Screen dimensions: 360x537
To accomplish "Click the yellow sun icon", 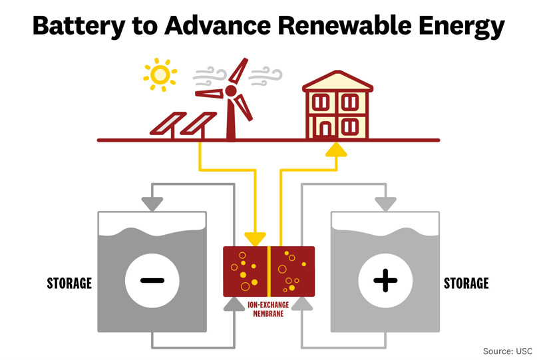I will point(160,75).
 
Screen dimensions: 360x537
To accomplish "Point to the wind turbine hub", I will point(230,91).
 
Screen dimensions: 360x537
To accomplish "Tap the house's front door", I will point(325,128).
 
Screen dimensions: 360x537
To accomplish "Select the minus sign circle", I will point(152,280).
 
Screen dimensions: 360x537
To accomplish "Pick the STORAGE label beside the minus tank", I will point(69,283).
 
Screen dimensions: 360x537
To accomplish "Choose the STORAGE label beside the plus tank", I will point(466,283).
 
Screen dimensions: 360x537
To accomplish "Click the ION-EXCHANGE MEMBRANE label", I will point(269,309).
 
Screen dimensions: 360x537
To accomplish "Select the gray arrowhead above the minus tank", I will point(152,204).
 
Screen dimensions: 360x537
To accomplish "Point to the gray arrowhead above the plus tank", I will point(385,204).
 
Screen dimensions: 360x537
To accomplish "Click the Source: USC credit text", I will point(507,350).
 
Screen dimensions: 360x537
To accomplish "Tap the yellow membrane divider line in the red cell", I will point(269,271).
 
